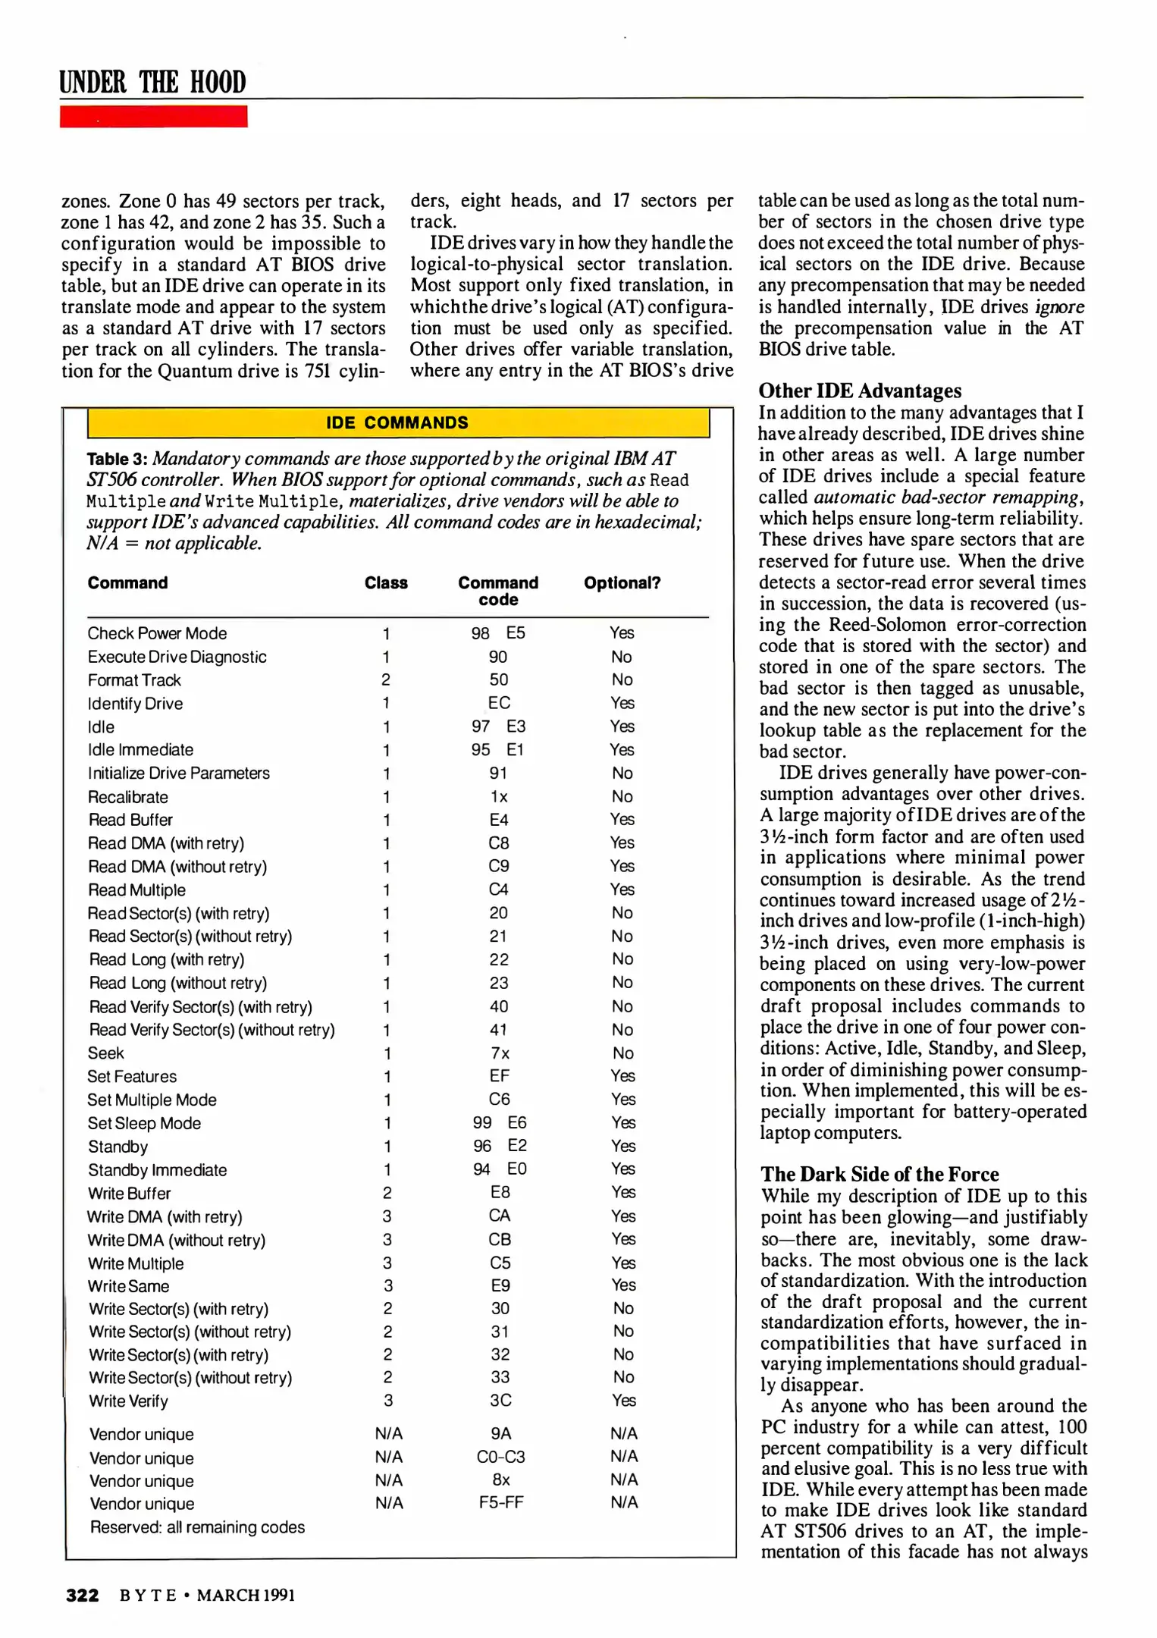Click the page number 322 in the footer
[82, 1595]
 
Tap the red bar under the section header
[153, 117]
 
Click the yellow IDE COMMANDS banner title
[397, 422]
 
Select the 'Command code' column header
[497, 591]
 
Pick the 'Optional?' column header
[622, 582]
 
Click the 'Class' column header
[386, 582]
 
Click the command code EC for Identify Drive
[499, 703]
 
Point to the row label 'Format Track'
[134, 680]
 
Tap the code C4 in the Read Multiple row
[498, 890]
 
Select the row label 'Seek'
[105, 1053]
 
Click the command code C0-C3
[500, 1457]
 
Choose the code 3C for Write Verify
[500, 1401]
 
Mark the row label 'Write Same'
[128, 1286]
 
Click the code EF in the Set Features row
[499, 1076]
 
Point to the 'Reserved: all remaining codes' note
[197, 1527]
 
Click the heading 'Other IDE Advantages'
[860, 391]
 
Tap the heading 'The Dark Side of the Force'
[880, 1174]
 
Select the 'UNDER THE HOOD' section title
[153, 82]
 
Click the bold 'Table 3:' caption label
[117, 460]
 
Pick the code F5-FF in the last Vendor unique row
[500, 1502]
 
